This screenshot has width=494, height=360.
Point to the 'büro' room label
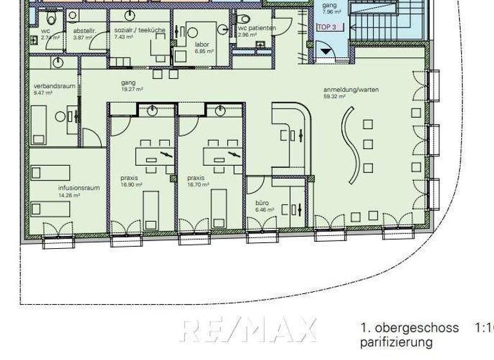pyautogui.click(x=262, y=203)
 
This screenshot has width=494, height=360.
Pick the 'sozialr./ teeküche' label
pyautogui.click(x=139, y=30)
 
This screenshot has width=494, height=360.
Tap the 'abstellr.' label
pyautogui.click(x=85, y=30)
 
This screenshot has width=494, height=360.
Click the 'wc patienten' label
pyautogui.click(x=257, y=28)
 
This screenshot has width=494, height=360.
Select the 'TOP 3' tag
pyautogui.click(x=327, y=28)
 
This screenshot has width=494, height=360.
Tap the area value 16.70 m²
pyautogui.click(x=197, y=184)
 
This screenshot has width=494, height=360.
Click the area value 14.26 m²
pyautogui.click(x=69, y=195)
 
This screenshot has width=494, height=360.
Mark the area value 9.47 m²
pyautogui.click(x=42, y=93)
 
